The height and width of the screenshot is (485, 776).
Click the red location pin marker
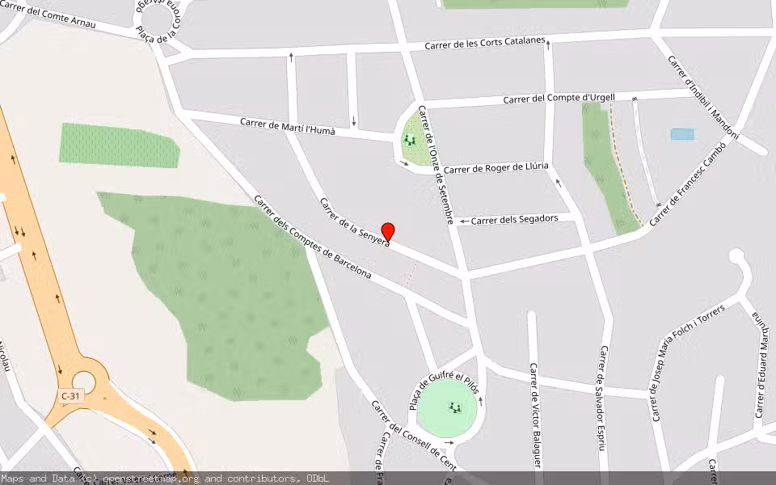click(x=388, y=232)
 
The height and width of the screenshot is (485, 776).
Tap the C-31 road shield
click(x=70, y=396)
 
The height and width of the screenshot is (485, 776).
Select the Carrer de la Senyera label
click(x=354, y=221)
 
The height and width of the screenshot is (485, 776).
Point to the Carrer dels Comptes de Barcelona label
click(x=312, y=237)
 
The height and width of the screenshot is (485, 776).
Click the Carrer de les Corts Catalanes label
click(x=486, y=44)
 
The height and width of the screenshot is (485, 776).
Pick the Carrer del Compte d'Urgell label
click(x=559, y=99)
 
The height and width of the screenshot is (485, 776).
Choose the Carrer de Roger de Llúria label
click(x=496, y=168)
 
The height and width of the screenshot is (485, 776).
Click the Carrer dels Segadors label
click(x=514, y=219)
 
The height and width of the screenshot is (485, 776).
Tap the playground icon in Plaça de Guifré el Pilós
click(x=454, y=408)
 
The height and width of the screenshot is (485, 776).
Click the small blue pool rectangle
click(x=682, y=134)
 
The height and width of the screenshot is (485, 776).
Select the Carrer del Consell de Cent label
click(x=412, y=436)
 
